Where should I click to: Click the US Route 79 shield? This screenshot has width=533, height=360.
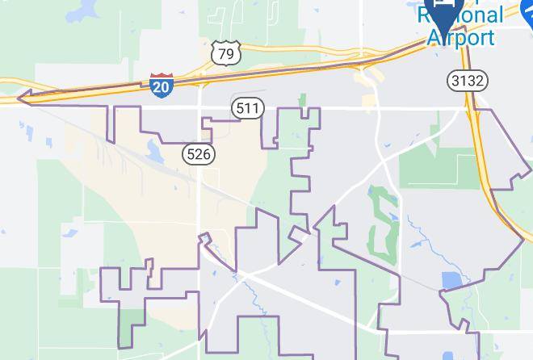coord(226,54)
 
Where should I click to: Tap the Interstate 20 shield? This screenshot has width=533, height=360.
coord(161,85)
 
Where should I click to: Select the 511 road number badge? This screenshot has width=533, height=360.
coord(247,108)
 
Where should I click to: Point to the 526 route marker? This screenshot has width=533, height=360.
coord(198,153)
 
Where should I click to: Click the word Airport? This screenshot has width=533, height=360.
coord(460,36)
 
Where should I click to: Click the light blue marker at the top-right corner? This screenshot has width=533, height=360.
coord(526,8)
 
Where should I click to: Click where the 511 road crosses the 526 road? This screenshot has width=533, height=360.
coord(199,107)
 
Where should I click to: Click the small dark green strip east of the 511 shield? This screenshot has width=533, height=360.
coord(303,100)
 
